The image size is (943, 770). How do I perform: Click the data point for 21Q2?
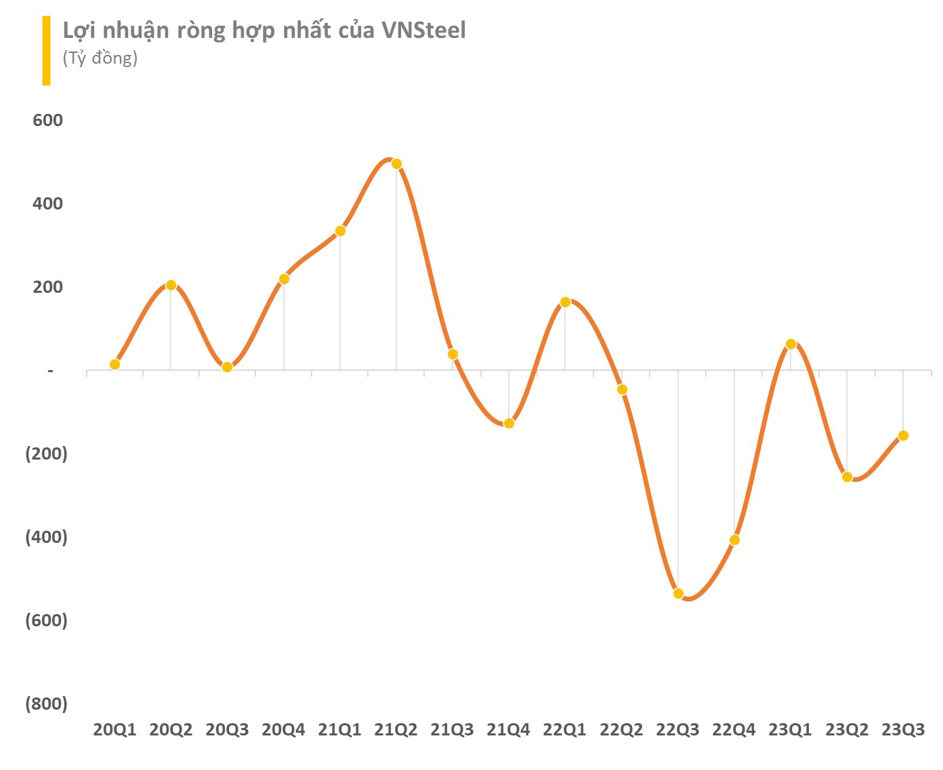[x=396, y=164]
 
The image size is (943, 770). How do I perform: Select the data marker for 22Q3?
[x=678, y=594]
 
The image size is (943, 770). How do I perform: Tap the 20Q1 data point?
[x=114, y=365]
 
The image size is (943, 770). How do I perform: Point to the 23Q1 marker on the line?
[x=791, y=344]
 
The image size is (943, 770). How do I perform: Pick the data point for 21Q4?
[x=509, y=424]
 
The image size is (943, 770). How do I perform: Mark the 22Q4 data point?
[x=734, y=540]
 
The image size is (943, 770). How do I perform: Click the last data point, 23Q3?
[x=903, y=436]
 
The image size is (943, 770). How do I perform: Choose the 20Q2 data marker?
[x=171, y=285]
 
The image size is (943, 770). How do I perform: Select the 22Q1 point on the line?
[x=565, y=302]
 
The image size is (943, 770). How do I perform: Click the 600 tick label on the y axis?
[x=47, y=121]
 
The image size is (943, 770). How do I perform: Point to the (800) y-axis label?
[x=46, y=704]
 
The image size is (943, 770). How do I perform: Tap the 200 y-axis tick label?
[x=47, y=287]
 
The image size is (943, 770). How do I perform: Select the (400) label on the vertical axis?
[x=46, y=537]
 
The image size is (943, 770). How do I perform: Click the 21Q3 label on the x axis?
[x=452, y=730]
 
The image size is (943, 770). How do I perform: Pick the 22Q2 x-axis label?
[x=621, y=730]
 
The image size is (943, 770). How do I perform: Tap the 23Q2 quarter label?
[x=846, y=730]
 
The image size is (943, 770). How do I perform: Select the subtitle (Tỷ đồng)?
[x=100, y=58]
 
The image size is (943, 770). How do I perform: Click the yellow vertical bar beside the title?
[x=46, y=51]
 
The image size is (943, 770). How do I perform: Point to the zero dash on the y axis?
[x=50, y=371]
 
